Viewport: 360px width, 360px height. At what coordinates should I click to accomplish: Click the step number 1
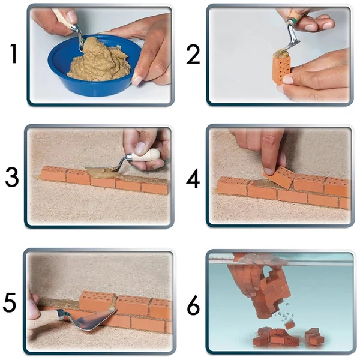[14, 54]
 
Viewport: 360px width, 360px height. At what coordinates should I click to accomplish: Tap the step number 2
[193, 55]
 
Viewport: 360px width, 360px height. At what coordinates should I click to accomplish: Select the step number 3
[12, 177]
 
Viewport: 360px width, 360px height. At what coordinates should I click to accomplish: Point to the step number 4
[193, 178]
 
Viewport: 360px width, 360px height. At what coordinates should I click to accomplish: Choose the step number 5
[10, 302]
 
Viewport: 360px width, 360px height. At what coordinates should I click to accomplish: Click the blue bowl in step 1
[95, 67]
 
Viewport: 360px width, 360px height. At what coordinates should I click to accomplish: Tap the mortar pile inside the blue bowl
[99, 60]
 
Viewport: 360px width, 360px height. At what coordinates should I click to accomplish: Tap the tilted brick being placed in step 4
[279, 177]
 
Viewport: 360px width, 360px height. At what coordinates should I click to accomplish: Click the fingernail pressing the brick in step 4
[267, 171]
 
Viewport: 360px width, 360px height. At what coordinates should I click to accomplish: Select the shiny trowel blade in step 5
[94, 320]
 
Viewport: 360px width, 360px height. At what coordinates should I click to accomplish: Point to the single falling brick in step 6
[290, 325]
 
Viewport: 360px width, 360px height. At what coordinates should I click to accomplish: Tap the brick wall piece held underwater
[272, 294]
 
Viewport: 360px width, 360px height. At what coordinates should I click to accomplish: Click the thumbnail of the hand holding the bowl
[137, 80]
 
